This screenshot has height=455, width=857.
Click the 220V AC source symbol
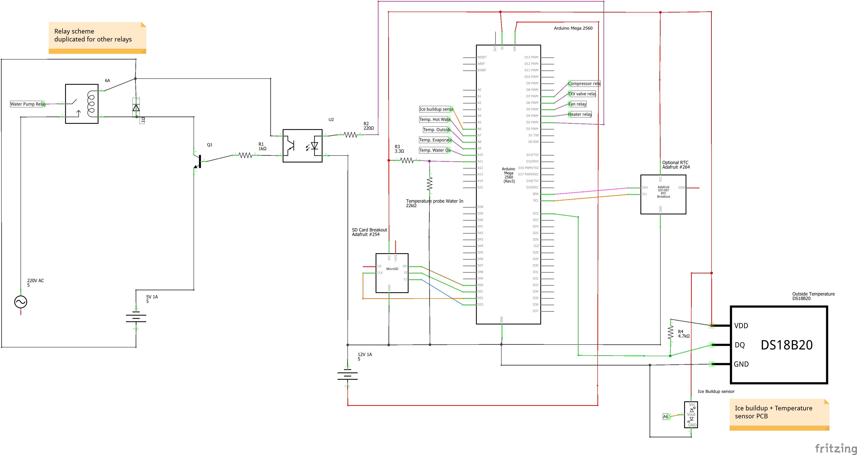coord(21,302)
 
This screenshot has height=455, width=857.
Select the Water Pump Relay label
coord(27,104)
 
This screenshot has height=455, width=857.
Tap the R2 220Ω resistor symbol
coord(350,135)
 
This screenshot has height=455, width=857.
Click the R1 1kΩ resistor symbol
coord(246,155)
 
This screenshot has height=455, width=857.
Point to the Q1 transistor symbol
coord(198,162)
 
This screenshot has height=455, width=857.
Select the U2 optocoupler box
coord(302,146)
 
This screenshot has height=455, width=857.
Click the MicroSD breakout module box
coord(392,273)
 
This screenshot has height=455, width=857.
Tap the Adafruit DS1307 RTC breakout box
coord(663,194)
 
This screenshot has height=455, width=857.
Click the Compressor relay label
coord(584,83)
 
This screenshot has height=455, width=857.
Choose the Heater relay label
coord(580,115)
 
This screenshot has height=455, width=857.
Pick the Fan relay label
coord(577,104)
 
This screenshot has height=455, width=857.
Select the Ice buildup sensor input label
coord(436,109)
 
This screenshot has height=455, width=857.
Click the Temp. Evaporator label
coord(435,140)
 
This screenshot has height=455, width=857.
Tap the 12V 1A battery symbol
coord(347,376)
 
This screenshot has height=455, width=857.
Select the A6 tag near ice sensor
coord(665,416)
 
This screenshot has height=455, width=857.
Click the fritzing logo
coord(835,448)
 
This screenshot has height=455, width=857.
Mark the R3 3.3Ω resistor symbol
coord(407,160)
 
